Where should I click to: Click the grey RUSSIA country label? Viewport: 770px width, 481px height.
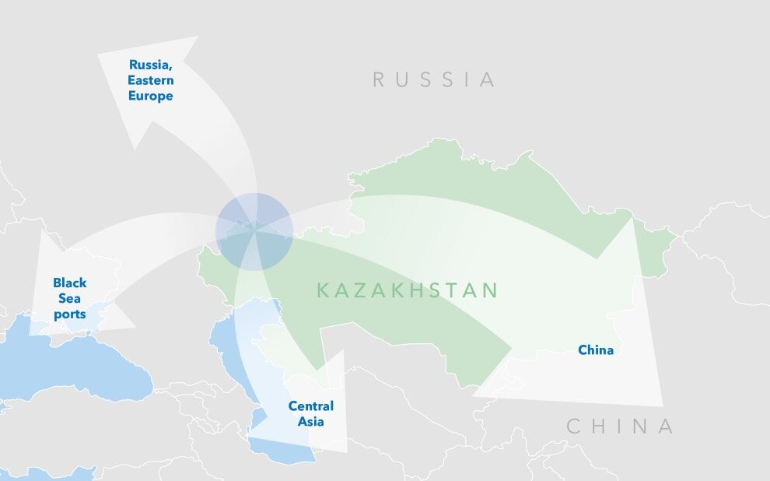coord(433,79)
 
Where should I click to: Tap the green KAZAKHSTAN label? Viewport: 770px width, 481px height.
coord(407,291)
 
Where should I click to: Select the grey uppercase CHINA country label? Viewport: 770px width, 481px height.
coord(619,427)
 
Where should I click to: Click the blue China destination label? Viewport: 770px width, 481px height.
coord(596,350)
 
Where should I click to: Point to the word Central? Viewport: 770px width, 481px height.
coord(310,406)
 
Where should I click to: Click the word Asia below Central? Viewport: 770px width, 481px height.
coord(310,422)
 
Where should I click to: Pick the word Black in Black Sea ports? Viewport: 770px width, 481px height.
coord(70,283)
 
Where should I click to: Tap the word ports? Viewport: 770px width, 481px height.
coord(70,314)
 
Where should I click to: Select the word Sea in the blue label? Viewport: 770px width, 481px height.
coord(70,299)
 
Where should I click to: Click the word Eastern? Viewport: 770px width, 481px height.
coord(151,80)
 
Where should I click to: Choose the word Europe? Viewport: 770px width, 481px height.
coord(151,97)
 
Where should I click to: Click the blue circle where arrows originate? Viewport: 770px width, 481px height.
coord(254,231)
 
